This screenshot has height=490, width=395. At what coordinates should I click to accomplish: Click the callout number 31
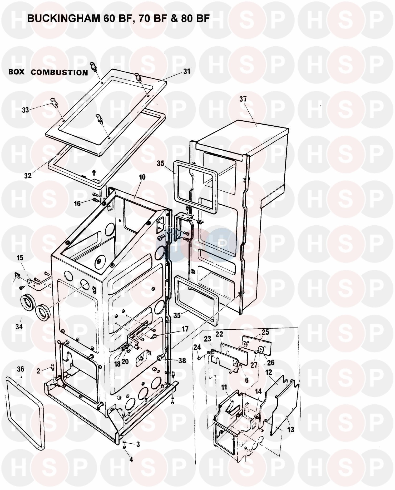[x=187, y=71]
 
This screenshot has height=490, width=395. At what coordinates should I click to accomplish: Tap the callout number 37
[x=243, y=99]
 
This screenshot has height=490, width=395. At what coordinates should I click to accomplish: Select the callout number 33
[x=25, y=110]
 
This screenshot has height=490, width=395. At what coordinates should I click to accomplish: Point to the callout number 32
[x=28, y=176]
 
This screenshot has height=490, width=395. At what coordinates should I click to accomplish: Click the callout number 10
[x=142, y=177]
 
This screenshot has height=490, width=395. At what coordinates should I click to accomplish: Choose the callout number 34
[x=19, y=327]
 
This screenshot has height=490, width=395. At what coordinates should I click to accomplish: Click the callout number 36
[x=20, y=369]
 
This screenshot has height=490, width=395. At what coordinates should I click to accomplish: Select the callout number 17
[x=185, y=329]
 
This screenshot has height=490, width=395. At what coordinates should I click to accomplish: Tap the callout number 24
[x=197, y=348]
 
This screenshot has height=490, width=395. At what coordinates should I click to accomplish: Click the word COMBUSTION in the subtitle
[x=60, y=73]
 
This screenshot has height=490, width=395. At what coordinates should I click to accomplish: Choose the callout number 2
[x=38, y=371]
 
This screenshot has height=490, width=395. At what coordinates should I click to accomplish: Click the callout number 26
[x=271, y=363]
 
